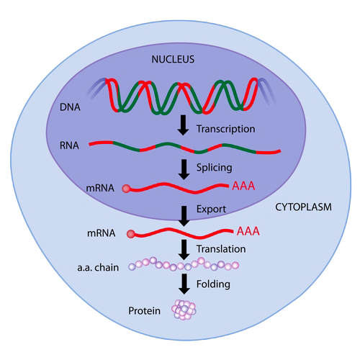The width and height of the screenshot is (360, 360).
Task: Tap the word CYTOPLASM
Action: (x=302, y=207)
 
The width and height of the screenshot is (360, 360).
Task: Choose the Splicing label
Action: (x=213, y=167)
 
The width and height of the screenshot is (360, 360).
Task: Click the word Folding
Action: (x=213, y=284)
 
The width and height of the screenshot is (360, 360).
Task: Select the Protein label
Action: (x=144, y=312)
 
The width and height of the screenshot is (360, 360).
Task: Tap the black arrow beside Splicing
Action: (x=183, y=168)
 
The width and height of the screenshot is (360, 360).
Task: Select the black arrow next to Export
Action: (x=183, y=211)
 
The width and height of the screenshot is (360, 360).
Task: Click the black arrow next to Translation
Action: (x=183, y=248)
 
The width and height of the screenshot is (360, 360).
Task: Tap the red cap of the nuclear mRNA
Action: (x=127, y=189)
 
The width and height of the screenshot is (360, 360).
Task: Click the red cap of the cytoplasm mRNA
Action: (x=131, y=233)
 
